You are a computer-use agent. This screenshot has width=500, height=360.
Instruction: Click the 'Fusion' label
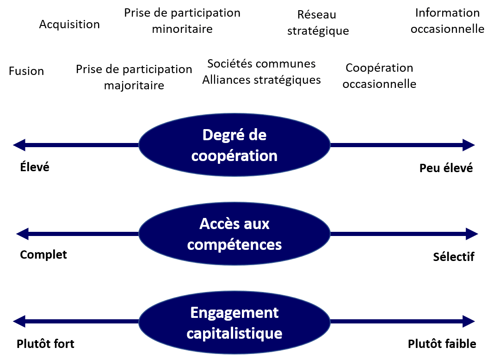tap(26, 71)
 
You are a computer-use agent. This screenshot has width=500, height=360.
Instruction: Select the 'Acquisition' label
tap(69, 24)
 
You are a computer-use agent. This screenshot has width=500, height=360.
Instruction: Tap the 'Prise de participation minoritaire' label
tap(182, 21)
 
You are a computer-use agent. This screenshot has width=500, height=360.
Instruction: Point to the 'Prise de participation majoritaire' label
tap(134, 77)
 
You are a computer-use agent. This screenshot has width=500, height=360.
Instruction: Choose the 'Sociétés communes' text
tap(261, 63)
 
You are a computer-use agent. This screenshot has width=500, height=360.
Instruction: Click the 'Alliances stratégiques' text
tap(261, 80)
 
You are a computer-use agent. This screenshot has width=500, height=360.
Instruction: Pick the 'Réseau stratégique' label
tap(318, 23)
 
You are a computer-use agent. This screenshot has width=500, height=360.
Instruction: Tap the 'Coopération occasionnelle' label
tap(379, 76)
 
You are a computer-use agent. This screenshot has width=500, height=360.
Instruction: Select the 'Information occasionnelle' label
tap(447, 21)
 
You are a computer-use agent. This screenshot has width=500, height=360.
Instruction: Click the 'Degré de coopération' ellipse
tap(235, 145)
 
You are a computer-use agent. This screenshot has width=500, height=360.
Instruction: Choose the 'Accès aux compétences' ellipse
tap(235, 234)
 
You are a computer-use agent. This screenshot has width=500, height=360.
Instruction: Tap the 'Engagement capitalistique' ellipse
tap(235, 322)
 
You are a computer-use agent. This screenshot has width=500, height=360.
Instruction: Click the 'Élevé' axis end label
tap(35, 167)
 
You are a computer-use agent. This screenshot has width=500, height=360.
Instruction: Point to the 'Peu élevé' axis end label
tap(446, 168)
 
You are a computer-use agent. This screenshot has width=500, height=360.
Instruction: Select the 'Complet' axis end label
tap(43, 254)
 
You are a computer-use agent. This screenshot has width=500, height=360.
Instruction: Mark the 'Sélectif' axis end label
tap(454, 256)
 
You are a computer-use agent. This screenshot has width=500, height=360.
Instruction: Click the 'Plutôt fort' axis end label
tap(45, 344)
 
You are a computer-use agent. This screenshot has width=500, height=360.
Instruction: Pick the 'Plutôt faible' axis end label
tap(442, 344)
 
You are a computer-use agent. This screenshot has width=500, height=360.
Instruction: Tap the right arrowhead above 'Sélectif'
tap(472, 234)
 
